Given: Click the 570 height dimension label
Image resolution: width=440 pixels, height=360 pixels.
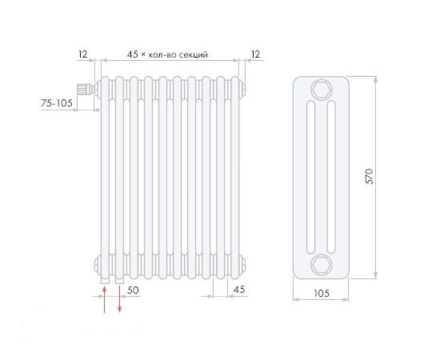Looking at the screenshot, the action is tap(370, 177).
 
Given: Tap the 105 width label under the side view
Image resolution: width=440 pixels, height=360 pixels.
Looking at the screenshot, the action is tap(322, 294).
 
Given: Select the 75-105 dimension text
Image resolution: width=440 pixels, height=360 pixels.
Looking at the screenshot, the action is tap(57, 103).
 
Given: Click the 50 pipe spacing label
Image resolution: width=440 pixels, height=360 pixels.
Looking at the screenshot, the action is tap(133, 290).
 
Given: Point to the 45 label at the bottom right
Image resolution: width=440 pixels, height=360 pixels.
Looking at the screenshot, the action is tap(239, 290).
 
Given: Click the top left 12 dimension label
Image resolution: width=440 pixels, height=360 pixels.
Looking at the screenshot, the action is tap(82, 54).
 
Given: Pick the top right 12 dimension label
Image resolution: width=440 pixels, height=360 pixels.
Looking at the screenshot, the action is tap(255, 54).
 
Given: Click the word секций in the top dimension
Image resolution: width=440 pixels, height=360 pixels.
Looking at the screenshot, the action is tap(194, 54).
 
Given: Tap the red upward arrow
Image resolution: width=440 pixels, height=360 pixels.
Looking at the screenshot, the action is tap(104, 299).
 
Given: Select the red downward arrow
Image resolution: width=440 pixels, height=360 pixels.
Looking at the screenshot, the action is tap(119, 299).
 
